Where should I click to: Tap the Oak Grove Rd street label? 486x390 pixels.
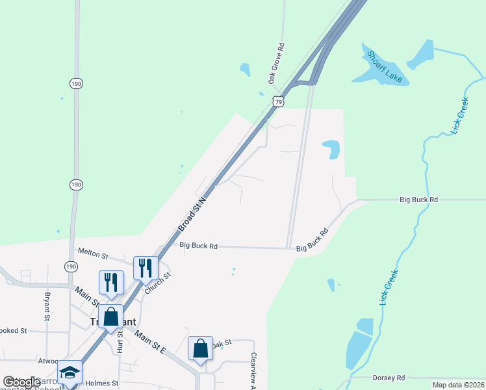click(x=277, y=64)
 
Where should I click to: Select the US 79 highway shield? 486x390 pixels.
click(x=278, y=101)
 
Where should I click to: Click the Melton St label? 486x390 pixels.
click(x=91, y=252)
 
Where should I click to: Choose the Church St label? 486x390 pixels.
click(x=157, y=283)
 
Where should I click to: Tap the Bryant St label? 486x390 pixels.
click(x=47, y=305)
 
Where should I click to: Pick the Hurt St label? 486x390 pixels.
click(x=120, y=343)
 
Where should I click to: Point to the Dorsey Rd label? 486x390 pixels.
click(x=389, y=378)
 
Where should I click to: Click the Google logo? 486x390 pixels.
click(x=21, y=382)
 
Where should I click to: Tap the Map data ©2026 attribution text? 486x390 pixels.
click(x=457, y=385)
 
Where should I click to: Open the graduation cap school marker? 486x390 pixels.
click(x=69, y=372)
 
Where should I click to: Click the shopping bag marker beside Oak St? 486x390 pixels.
click(x=201, y=348)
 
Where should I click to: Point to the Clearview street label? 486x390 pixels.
click(x=253, y=368)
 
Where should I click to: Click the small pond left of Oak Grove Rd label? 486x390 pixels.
click(x=245, y=69)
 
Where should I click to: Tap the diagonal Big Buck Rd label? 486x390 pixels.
click(x=313, y=240)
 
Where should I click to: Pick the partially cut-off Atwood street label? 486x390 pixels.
click(x=47, y=360)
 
